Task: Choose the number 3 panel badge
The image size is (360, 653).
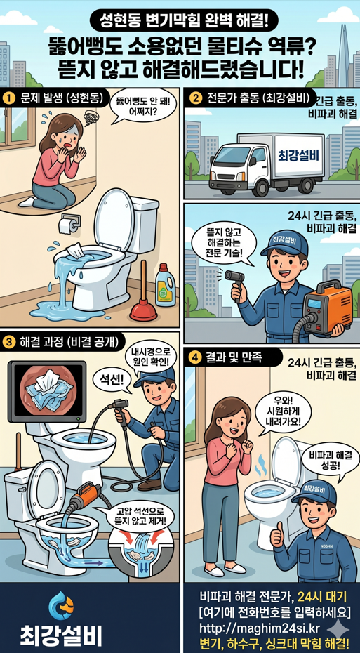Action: (x=9, y=342)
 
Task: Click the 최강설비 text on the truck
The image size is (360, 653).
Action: (x=298, y=154)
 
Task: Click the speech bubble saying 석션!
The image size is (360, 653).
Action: (x=112, y=380)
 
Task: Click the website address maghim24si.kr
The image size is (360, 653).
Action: (x=259, y=627)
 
